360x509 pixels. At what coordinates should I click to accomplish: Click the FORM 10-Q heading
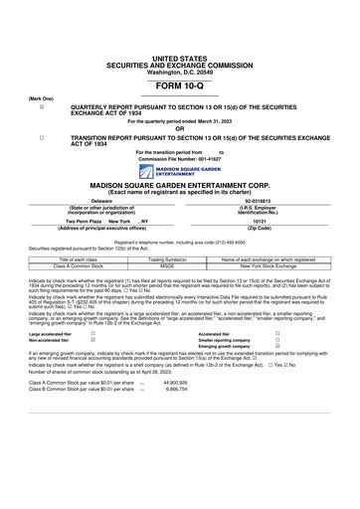(x=179, y=88)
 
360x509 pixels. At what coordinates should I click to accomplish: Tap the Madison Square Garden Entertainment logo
(x=179, y=170)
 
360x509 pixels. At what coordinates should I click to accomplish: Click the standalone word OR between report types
(x=179, y=127)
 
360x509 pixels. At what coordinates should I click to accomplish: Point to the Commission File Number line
(x=179, y=158)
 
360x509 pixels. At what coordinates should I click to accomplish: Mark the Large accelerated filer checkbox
(x=92, y=333)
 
